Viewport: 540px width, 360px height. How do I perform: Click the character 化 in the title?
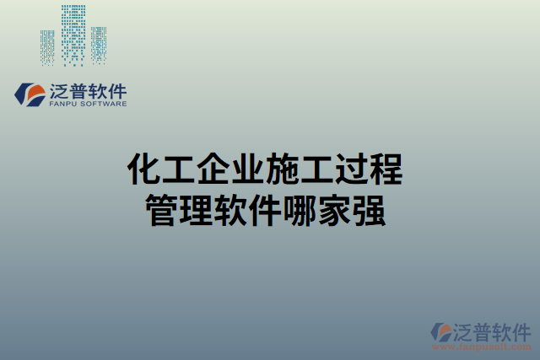pyautogui.click(x=143, y=169)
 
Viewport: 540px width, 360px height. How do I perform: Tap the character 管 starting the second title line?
pyautogui.click(x=162, y=208)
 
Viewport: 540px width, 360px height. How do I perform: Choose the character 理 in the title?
pyautogui.click(x=197, y=208)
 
